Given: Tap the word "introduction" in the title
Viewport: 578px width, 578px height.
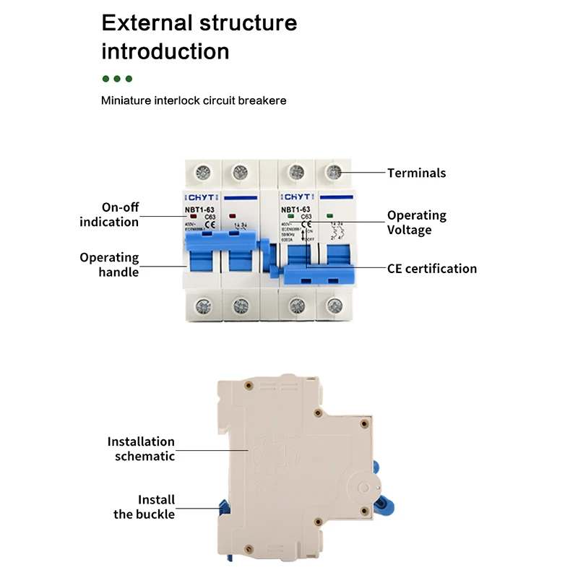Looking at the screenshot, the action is pyautogui.click(x=165, y=51).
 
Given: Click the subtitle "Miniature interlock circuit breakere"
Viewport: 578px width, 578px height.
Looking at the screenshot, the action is pyautogui.click(x=194, y=100).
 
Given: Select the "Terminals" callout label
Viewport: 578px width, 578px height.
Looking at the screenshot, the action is pyautogui.click(x=416, y=173).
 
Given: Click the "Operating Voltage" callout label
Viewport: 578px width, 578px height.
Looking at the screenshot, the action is pyautogui.click(x=416, y=223).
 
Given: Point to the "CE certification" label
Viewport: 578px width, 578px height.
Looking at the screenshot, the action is pyautogui.click(x=432, y=269).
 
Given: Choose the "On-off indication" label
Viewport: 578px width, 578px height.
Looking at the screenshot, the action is pyautogui.click(x=110, y=215).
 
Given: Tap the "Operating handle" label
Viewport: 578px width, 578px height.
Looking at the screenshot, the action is pyautogui.click(x=109, y=264).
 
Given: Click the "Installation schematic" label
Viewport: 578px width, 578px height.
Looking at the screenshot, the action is pyautogui.click(x=142, y=449).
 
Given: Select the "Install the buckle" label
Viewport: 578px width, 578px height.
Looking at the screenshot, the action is pyautogui.click(x=144, y=507).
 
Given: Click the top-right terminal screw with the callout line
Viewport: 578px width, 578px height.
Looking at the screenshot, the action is pyautogui.click(x=334, y=173).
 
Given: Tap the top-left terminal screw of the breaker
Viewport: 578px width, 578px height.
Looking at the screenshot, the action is pyautogui.click(x=202, y=173).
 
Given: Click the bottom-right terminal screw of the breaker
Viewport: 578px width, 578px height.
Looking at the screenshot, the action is pyautogui.click(x=334, y=306).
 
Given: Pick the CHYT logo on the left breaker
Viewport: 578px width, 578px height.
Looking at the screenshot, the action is pyautogui.click(x=199, y=197).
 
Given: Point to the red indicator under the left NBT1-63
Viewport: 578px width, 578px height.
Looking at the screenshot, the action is pyautogui.click(x=194, y=216).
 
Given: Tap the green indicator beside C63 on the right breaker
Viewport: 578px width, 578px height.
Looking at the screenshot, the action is pyautogui.click(x=289, y=216).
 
